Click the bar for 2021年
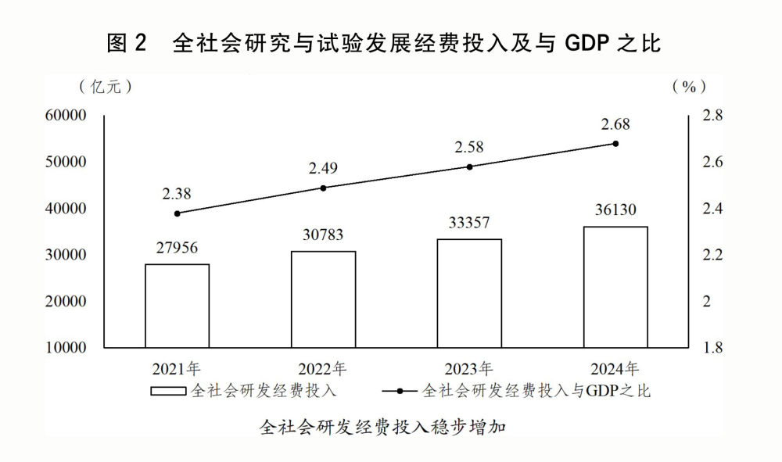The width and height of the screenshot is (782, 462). click(x=177, y=306)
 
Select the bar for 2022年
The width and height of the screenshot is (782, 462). click(x=323, y=299)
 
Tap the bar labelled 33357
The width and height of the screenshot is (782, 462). click(x=469, y=293)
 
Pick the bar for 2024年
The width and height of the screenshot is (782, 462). click(x=615, y=287)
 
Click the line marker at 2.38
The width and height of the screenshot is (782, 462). click(x=177, y=213)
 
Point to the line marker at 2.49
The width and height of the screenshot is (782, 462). click(x=323, y=188)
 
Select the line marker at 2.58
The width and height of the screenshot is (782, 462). click(x=469, y=167)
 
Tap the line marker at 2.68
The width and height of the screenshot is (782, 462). click(x=615, y=144)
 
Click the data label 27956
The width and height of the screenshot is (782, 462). click(x=177, y=248)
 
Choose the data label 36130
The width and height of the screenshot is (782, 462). click(x=615, y=210)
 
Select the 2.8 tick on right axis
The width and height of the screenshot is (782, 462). click(x=713, y=116)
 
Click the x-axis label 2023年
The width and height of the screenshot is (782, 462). click(x=469, y=368)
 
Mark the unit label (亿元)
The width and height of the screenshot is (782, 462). click(x=105, y=86)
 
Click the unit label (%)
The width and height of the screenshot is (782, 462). click(x=689, y=86)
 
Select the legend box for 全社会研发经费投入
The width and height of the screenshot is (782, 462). click(x=168, y=390)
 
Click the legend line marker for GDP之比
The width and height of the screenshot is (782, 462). click(x=400, y=390)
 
